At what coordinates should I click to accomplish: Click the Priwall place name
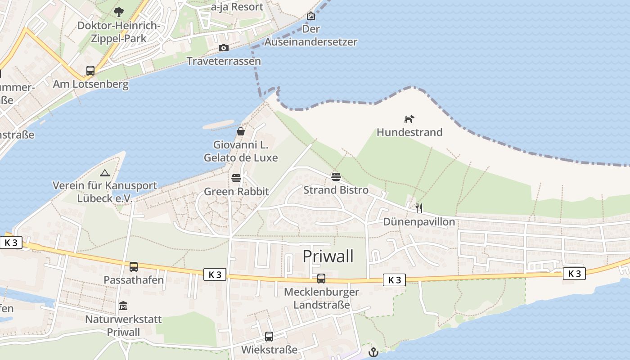(328, 256)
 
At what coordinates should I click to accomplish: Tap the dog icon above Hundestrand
(409, 119)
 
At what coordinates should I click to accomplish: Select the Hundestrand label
(409, 132)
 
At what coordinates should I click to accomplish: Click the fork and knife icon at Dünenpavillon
(419, 208)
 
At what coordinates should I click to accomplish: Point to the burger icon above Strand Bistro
(336, 177)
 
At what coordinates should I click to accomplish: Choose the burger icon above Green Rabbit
(236, 178)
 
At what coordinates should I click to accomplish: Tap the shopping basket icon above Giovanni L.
(241, 131)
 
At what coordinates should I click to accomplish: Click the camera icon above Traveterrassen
(223, 48)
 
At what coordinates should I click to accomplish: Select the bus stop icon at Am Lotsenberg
(90, 71)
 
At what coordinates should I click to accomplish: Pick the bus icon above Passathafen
(134, 267)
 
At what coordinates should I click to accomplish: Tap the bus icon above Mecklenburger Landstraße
(321, 279)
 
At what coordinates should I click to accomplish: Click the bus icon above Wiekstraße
(269, 336)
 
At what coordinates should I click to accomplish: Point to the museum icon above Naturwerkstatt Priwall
(123, 306)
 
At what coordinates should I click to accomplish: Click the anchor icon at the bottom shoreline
(373, 352)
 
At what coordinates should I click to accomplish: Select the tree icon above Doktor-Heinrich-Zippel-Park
(119, 12)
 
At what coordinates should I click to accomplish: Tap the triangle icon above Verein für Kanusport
(104, 172)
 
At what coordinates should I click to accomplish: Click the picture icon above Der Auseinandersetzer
(310, 16)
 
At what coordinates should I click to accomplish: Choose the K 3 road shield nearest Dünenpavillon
(395, 280)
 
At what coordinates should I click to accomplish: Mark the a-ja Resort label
(237, 7)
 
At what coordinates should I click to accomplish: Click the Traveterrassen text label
(224, 61)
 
